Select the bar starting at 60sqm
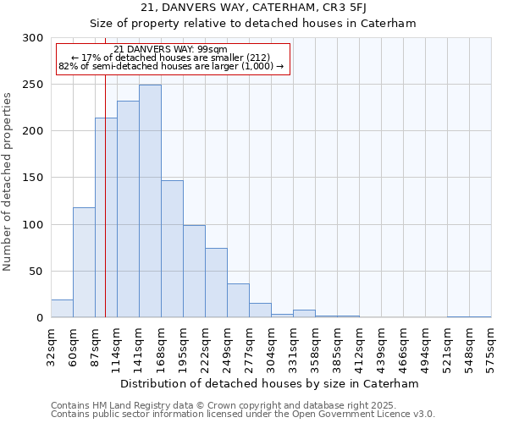pos(84,262)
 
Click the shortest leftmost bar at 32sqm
pos(62,309)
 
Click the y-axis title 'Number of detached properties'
pos(8,181)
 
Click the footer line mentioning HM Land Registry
pos(241,406)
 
